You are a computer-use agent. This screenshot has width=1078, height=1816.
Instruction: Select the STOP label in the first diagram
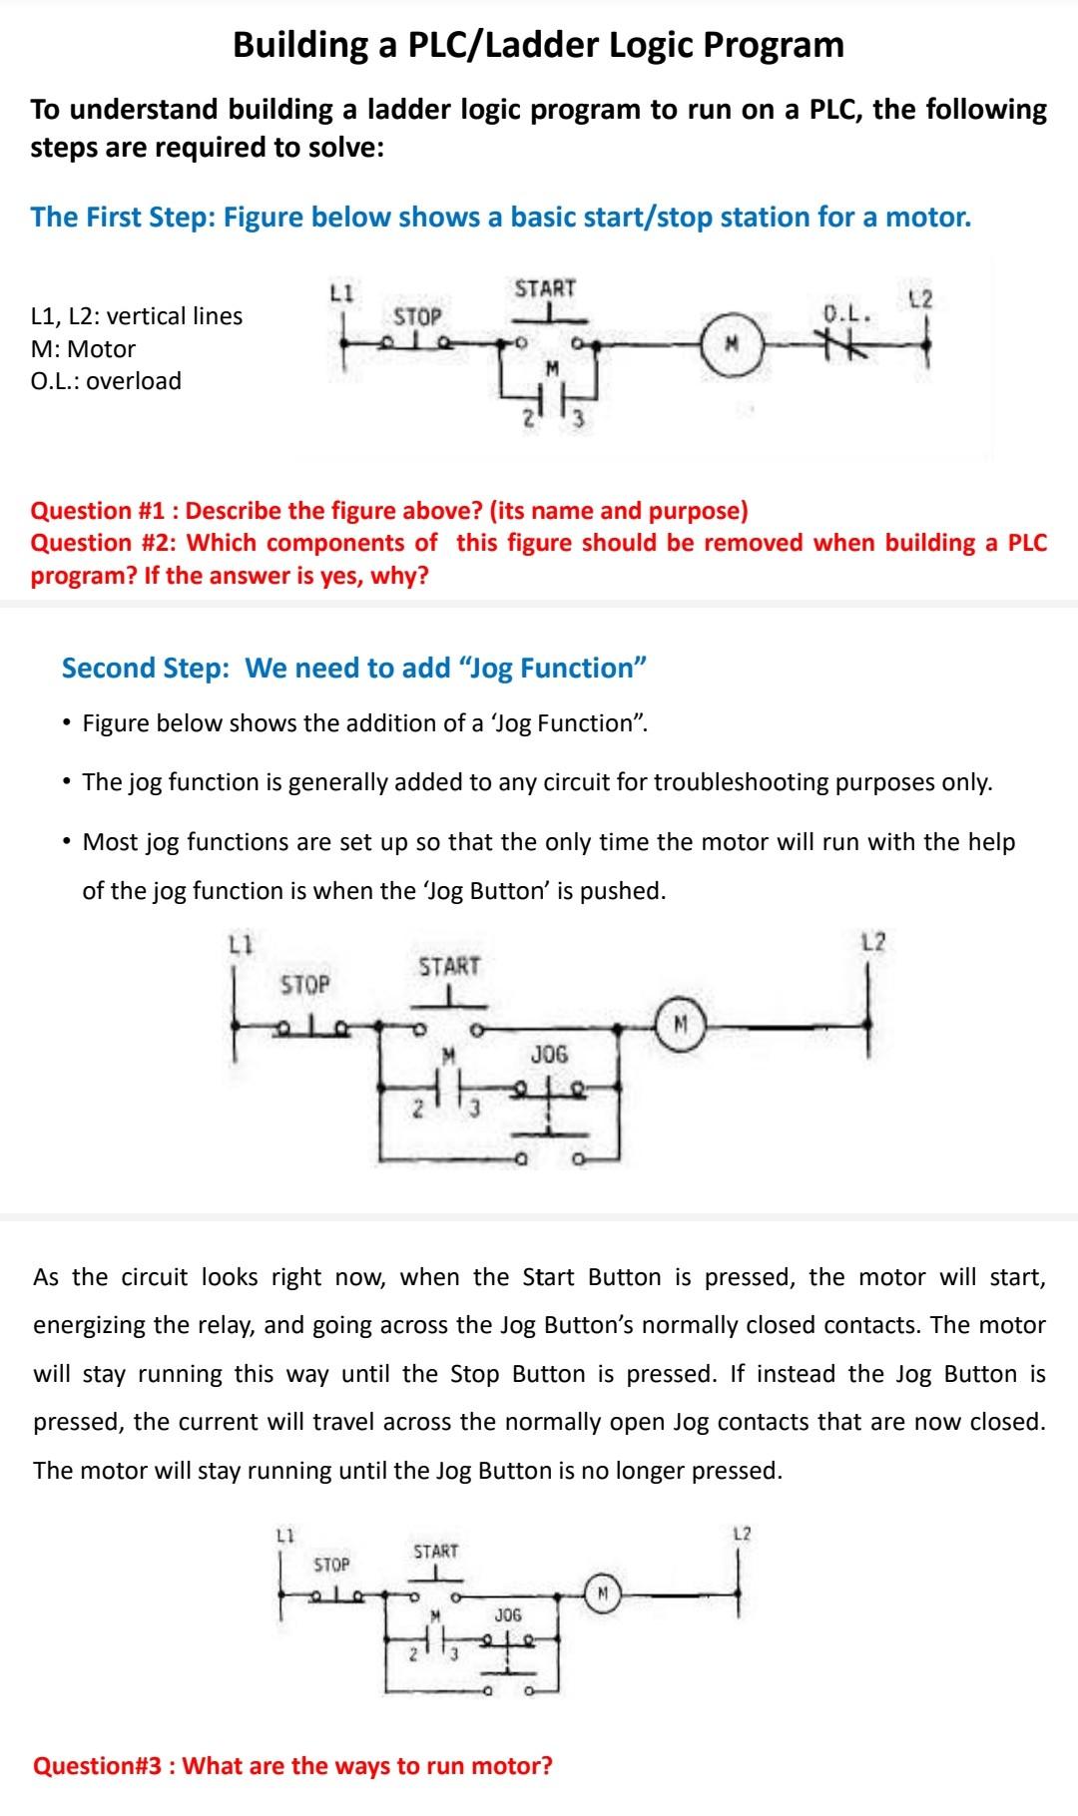pyautogui.click(x=417, y=316)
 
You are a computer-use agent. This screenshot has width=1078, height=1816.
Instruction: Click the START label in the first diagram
pyautogui.click(x=545, y=288)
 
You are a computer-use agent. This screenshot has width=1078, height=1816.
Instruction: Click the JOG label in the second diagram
pyautogui.click(x=549, y=1054)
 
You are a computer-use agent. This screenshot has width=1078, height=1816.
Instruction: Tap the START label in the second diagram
pyautogui.click(x=449, y=966)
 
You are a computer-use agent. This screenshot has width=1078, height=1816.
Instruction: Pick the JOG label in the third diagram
pyautogui.click(x=508, y=1613)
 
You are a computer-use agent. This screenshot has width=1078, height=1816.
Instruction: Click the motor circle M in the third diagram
pyautogui.click(x=602, y=1592)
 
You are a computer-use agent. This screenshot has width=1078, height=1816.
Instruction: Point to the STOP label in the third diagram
pyautogui.click(x=332, y=1564)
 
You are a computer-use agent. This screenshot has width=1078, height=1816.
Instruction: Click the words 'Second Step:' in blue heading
pyautogui.click(x=145, y=668)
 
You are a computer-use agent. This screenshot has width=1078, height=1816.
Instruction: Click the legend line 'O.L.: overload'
pyautogui.click(x=107, y=381)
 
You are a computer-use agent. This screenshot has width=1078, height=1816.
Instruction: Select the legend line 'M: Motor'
pyautogui.click(x=84, y=349)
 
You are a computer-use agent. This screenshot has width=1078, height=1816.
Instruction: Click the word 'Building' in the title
pyautogui.click(x=299, y=45)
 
